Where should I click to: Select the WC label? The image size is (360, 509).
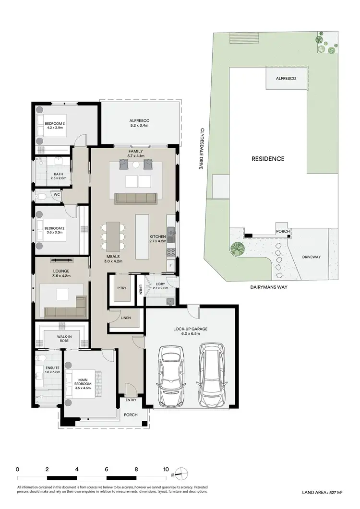[x=57, y=195]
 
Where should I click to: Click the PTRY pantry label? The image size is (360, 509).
[x=121, y=288]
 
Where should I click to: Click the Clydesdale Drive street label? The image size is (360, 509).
[x=203, y=148]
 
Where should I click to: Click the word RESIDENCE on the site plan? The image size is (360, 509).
[x=268, y=159]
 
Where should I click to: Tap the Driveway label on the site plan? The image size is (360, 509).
[x=311, y=257]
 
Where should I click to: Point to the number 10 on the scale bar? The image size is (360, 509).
[x=166, y=469]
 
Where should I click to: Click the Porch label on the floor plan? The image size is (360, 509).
[x=131, y=415]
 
